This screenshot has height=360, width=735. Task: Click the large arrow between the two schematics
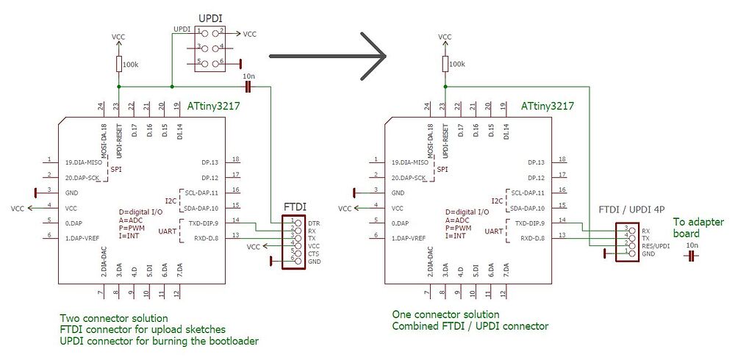(331, 56)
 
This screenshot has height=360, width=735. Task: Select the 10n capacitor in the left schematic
(248, 87)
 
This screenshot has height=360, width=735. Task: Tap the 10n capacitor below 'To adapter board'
(692, 256)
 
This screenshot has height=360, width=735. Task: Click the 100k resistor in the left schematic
(118, 65)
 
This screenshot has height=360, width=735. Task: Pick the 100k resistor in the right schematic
(444, 65)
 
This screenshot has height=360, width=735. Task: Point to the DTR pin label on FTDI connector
(314, 222)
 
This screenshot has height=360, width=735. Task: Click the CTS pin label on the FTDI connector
(314, 253)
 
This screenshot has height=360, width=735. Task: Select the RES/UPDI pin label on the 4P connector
(655, 245)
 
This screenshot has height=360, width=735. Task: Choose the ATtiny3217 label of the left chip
(214, 107)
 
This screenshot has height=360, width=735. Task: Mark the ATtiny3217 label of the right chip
(548, 107)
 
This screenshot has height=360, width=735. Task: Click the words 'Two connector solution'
(114, 319)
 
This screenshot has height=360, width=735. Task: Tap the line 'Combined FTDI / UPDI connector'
(470, 325)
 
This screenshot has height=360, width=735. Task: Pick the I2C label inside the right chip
(497, 200)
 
